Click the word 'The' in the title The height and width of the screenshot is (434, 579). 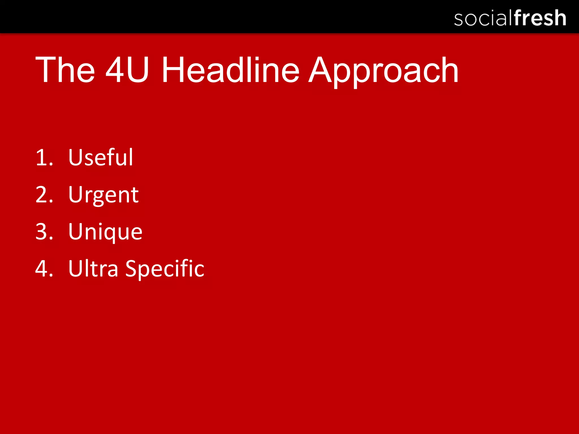pos(65,70)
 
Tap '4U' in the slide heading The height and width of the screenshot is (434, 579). pos(127,70)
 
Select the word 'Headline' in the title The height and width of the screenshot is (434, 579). pos(230,70)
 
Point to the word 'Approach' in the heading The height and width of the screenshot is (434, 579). pos(383,71)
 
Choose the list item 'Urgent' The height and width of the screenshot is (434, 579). pos(103,195)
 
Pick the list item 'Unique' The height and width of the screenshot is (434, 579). pos(105,232)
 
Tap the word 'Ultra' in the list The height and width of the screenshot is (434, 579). pos(93,268)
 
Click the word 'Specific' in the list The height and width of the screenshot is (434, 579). pos(165,269)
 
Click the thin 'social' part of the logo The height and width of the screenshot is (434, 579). pos(483,19)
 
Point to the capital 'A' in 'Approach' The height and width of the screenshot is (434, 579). pos(322,70)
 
